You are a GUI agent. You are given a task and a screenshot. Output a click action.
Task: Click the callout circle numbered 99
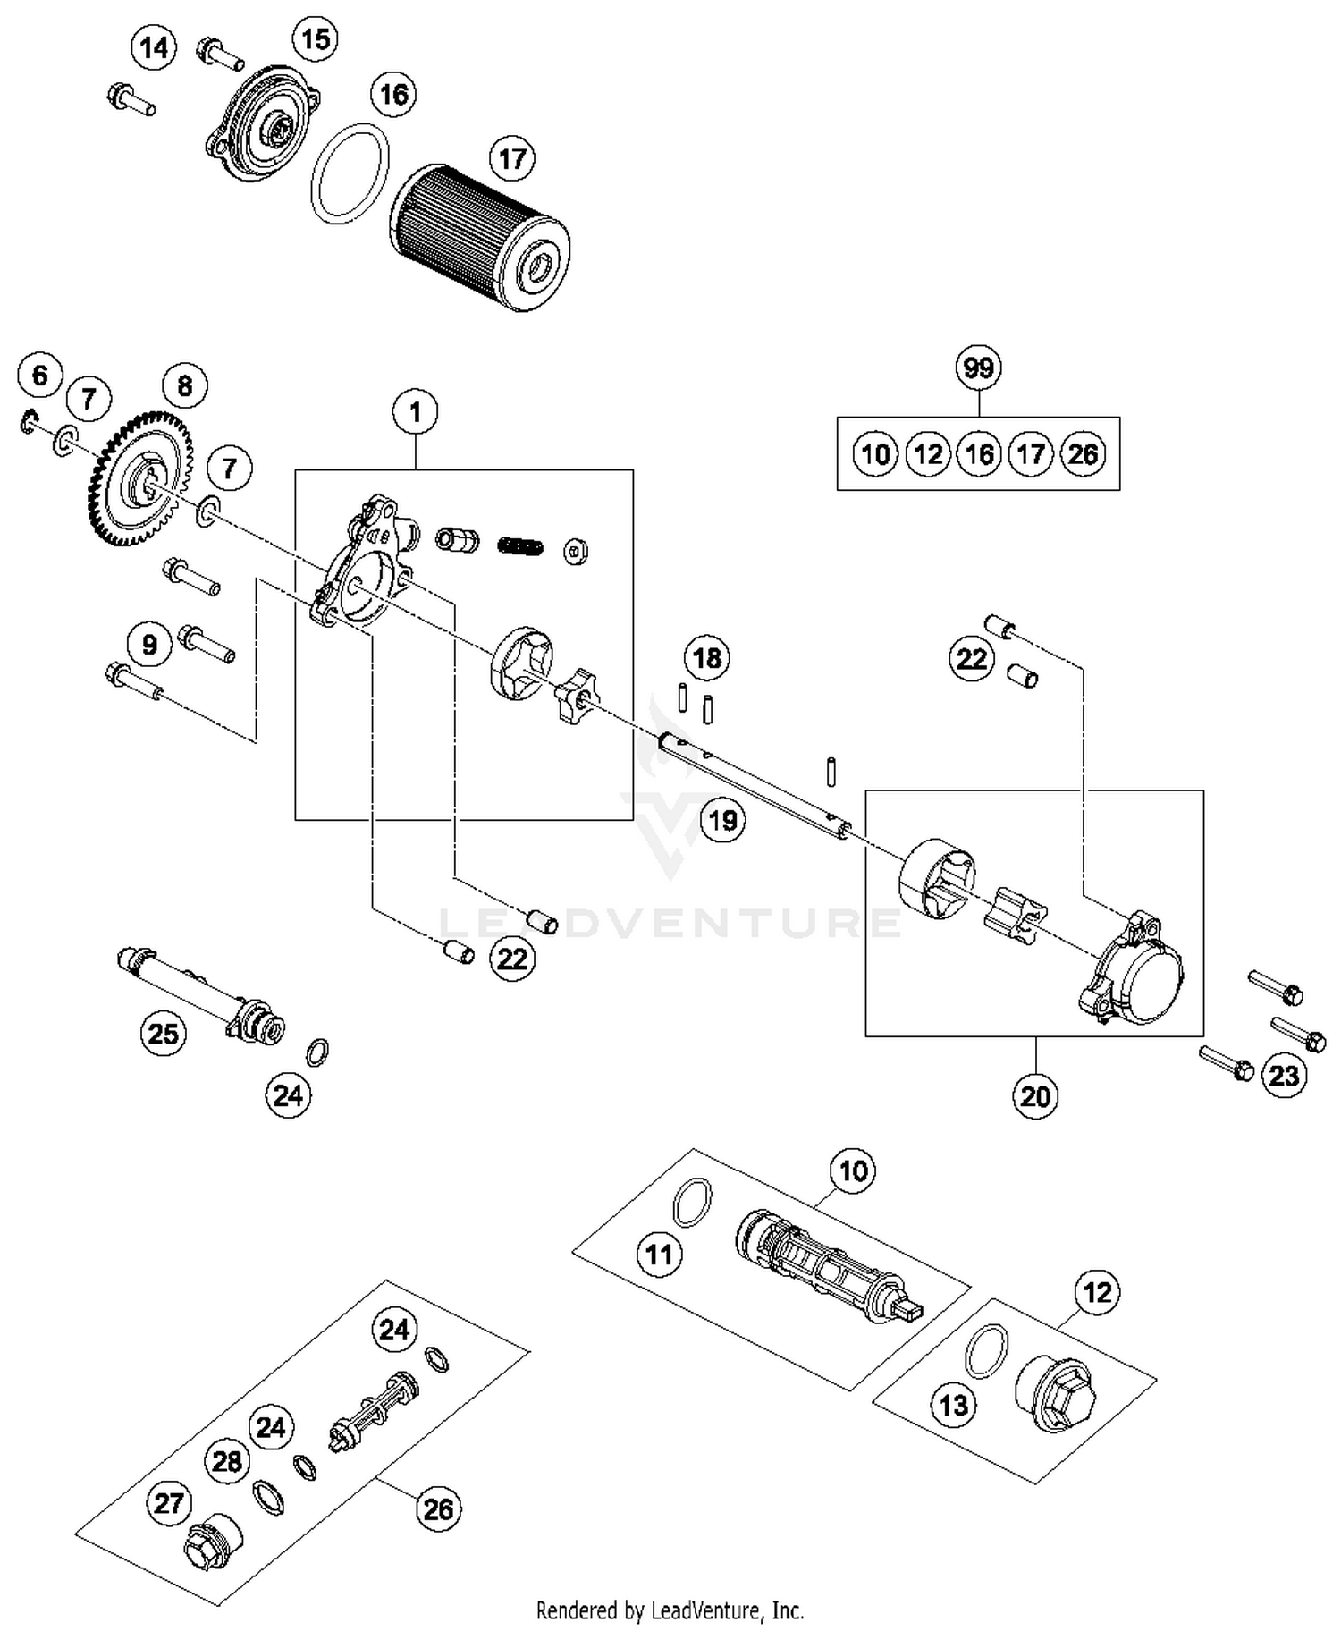pyautogui.click(x=978, y=368)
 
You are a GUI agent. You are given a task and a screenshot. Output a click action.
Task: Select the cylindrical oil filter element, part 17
pyautogui.click(x=480, y=237)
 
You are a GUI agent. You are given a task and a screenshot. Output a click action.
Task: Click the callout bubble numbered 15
pyautogui.click(x=316, y=39)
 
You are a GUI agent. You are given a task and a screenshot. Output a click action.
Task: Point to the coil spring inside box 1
pyautogui.click(x=520, y=545)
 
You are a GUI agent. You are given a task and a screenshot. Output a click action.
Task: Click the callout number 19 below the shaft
pyautogui.click(x=722, y=819)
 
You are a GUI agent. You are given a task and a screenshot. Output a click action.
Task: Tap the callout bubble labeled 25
pyautogui.click(x=163, y=1034)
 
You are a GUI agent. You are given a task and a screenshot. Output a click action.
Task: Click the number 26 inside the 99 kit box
pyautogui.click(x=1083, y=454)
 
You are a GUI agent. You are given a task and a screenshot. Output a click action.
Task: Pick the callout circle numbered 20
pyautogui.click(x=1035, y=1095)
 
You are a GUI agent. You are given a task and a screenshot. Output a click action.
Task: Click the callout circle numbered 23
pyautogui.click(x=1284, y=1075)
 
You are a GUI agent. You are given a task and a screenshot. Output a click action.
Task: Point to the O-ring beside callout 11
pyautogui.click(x=692, y=1202)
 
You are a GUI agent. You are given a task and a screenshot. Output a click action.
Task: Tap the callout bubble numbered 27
pyautogui.click(x=169, y=1503)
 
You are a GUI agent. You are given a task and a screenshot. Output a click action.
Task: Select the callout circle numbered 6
pyautogui.click(x=40, y=375)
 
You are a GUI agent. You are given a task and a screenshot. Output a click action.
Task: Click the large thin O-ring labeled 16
pyautogui.click(x=350, y=174)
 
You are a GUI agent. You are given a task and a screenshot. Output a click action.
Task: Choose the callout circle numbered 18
pyautogui.click(x=707, y=658)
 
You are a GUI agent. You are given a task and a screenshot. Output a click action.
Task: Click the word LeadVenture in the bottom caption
pyautogui.click(x=707, y=1610)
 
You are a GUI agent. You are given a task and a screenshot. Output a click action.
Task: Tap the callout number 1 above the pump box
pyautogui.click(x=415, y=412)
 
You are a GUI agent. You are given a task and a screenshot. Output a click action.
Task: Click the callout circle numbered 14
pyautogui.click(x=155, y=47)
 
